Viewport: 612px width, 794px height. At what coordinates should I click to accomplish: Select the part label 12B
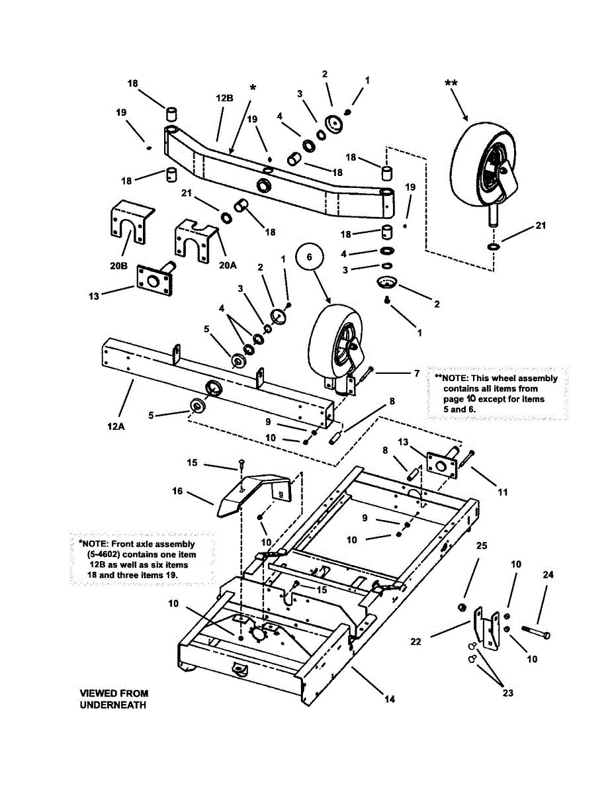[224, 97]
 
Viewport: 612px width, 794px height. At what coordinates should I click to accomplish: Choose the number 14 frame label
[390, 699]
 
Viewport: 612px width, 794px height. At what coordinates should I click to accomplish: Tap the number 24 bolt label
[547, 574]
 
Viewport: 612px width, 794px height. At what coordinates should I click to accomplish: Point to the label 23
[507, 693]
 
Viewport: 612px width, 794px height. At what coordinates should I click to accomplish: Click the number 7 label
[416, 374]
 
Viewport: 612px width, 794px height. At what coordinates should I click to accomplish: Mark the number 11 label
[503, 492]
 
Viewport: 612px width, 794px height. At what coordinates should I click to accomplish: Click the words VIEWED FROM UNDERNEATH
[114, 699]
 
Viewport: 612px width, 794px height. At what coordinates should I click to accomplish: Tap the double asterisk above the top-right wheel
[451, 83]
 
